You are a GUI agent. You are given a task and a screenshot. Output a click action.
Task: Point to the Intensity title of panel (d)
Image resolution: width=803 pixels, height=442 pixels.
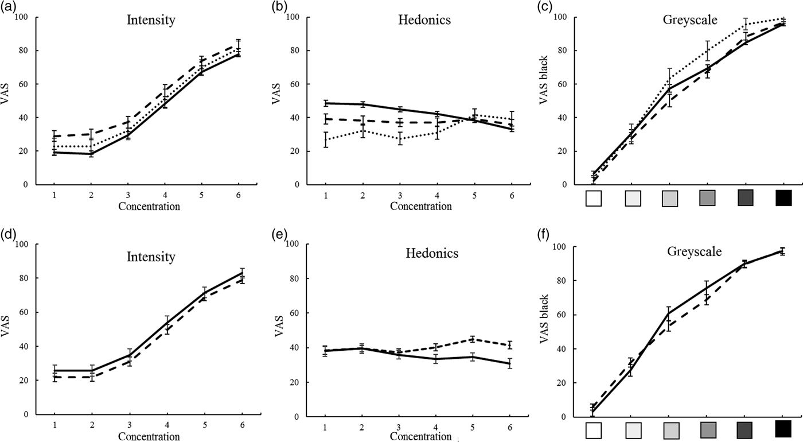pyautogui.click(x=151, y=257)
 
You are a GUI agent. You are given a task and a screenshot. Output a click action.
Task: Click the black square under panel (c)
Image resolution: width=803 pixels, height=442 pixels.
pyautogui.click(x=783, y=199)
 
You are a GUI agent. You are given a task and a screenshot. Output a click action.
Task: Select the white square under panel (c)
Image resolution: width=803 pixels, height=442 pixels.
pyautogui.click(x=594, y=199)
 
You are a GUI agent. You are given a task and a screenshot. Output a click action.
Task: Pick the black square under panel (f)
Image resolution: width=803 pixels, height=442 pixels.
pyautogui.click(x=783, y=429)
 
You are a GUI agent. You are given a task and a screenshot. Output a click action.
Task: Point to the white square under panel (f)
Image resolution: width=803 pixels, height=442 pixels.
pyautogui.click(x=594, y=430)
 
